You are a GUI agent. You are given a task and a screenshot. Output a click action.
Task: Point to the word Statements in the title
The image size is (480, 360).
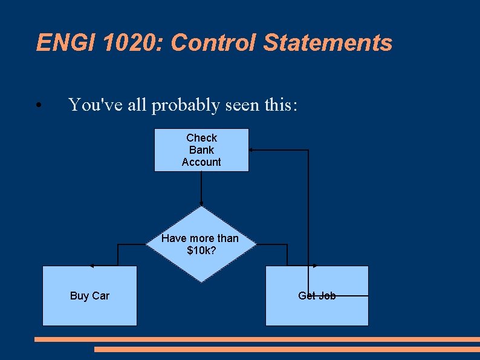[x=328, y=43]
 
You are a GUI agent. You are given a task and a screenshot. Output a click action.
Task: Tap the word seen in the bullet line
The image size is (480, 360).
[x=243, y=105]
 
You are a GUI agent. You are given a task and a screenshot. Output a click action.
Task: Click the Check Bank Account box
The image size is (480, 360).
[x=201, y=150]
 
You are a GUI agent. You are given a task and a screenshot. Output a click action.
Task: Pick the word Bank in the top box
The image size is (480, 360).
[x=201, y=150]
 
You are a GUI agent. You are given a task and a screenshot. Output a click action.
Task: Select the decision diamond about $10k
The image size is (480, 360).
[x=201, y=244]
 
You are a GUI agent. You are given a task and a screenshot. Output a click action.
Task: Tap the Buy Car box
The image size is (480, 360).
[x=89, y=296]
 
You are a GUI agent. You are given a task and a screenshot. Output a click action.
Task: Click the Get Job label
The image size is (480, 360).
[x=317, y=296]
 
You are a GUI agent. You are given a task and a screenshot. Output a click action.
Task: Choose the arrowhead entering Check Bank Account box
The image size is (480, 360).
[x=251, y=150]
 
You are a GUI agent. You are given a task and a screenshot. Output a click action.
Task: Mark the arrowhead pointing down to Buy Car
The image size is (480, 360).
[x=91, y=265]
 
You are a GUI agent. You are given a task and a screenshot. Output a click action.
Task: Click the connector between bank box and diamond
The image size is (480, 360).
[x=201, y=188]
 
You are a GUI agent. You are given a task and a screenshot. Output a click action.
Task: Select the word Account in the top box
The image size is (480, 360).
[x=201, y=162]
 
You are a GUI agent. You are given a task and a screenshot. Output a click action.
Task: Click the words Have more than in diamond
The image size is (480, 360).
[x=200, y=238]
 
